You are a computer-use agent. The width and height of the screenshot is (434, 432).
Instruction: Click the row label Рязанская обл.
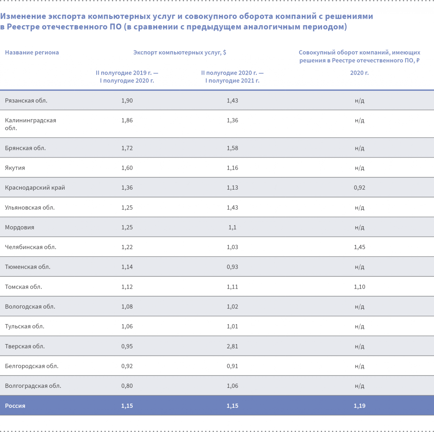26,101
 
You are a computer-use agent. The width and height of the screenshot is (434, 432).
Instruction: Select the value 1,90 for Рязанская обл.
127,101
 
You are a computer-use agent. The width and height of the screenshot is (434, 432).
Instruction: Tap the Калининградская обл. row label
31,124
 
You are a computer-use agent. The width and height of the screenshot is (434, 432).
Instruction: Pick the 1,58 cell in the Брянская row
232,148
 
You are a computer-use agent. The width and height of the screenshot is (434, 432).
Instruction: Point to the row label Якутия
15,168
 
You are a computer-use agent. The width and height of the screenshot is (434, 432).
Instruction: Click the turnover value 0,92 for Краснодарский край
359,188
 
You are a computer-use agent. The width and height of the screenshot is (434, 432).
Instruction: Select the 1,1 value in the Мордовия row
232,227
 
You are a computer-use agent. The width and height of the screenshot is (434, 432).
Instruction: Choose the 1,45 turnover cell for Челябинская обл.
359,247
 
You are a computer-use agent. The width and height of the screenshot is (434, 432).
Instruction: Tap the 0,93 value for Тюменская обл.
232,267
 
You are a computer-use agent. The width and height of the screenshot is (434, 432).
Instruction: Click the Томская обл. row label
23,287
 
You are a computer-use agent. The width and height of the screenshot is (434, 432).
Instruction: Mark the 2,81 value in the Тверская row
232,346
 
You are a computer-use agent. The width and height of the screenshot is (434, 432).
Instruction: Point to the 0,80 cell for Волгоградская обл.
127,386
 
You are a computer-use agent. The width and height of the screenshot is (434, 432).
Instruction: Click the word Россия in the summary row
15,406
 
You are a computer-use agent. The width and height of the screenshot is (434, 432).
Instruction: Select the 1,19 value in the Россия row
359,406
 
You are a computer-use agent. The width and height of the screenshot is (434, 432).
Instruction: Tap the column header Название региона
32,53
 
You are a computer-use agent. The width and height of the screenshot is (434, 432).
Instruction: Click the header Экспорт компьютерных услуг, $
180,53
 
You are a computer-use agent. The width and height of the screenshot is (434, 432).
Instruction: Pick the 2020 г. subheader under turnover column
359,73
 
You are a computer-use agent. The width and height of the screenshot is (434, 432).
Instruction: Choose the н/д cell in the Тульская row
359,326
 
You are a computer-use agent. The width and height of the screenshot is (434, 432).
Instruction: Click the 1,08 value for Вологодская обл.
127,306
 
